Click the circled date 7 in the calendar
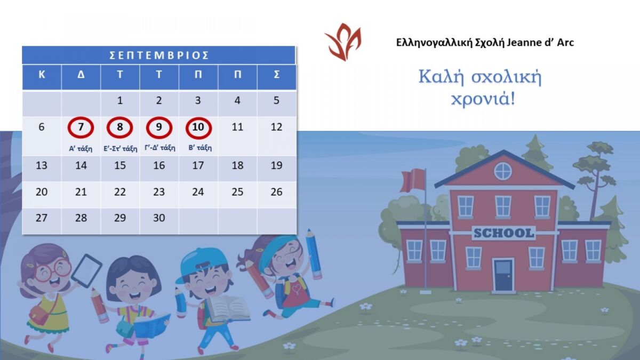[x=81, y=127]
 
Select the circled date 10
[x=198, y=127]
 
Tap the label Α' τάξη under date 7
[x=81, y=148]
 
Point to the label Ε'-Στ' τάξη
[x=120, y=148]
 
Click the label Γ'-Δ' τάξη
[x=159, y=148]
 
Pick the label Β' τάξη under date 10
[x=199, y=148]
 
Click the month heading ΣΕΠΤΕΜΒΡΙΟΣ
[x=159, y=55]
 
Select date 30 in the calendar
[x=159, y=218]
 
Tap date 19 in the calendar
[x=276, y=165]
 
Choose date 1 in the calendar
[x=120, y=100]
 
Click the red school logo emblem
[x=343, y=42]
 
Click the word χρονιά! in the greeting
[x=483, y=99]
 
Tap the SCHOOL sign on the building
[x=503, y=233]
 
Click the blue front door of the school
[x=502, y=275]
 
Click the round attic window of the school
[x=502, y=171]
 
